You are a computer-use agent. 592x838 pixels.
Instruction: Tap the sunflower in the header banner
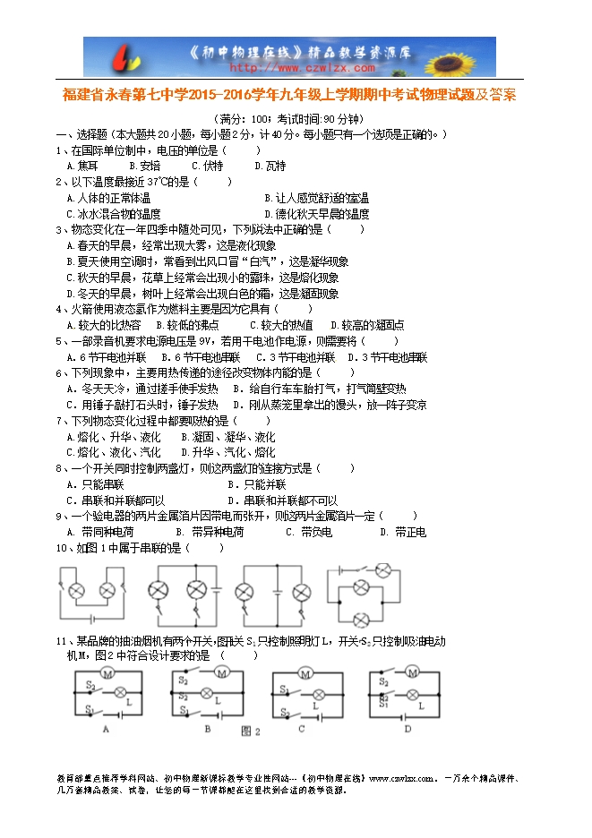tap(465, 56)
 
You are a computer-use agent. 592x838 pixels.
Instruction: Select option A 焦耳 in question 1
tap(82, 166)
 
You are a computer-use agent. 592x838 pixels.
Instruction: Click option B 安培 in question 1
tap(144, 166)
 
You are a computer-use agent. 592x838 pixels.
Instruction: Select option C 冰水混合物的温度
tap(114, 214)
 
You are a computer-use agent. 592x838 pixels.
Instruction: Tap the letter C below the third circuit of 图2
tap(301, 729)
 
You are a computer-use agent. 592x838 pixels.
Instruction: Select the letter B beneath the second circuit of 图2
tap(207, 729)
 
